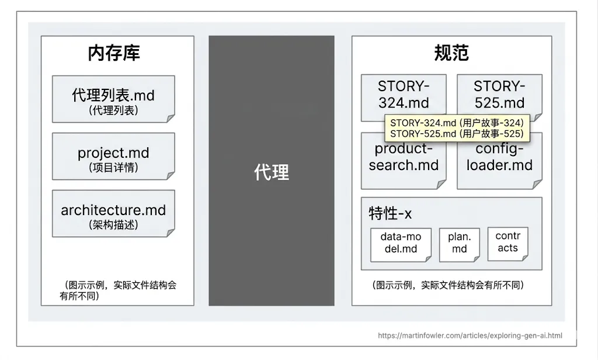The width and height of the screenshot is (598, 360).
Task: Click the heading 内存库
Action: pyautogui.click(x=114, y=53)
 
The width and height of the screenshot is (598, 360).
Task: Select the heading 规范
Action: pyautogui.click(x=451, y=53)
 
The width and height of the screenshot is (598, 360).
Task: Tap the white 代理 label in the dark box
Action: pyautogui.click(x=272, y=172)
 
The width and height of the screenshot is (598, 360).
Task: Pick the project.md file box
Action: pyautogui.click(x=113, y=156)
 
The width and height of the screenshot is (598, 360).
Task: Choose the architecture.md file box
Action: pyautogui.click(x=113, y=213)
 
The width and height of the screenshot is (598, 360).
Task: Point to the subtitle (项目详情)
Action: pyautogui.click(x=113, y=168)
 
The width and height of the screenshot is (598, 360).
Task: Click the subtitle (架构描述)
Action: pyautogui.click(x=113, y=225)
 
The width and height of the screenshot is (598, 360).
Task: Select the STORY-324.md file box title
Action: pyautogui.click(x=404, y=94)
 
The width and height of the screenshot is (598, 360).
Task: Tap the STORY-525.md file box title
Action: pyautogui.click(x=499, y=94)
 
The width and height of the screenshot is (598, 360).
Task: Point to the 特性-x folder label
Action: pyautogui.click(x=390, y=214)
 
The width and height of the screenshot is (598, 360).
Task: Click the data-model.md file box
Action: pyautogui.click(x=401, y=243)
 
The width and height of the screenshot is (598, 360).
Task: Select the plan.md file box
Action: pyautogui.click(x=460, y=243)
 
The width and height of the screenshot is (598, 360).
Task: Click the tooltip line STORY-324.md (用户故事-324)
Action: pyautogui.click(x=456, y=123)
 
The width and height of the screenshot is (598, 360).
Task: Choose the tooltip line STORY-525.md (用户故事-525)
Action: pyautogui.click(x=456, y=134)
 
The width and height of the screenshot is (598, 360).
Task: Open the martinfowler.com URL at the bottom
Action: pyautogui.click(x=470, y=335)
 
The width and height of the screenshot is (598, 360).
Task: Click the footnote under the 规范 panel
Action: pyautogui.click(x=448, y=285)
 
